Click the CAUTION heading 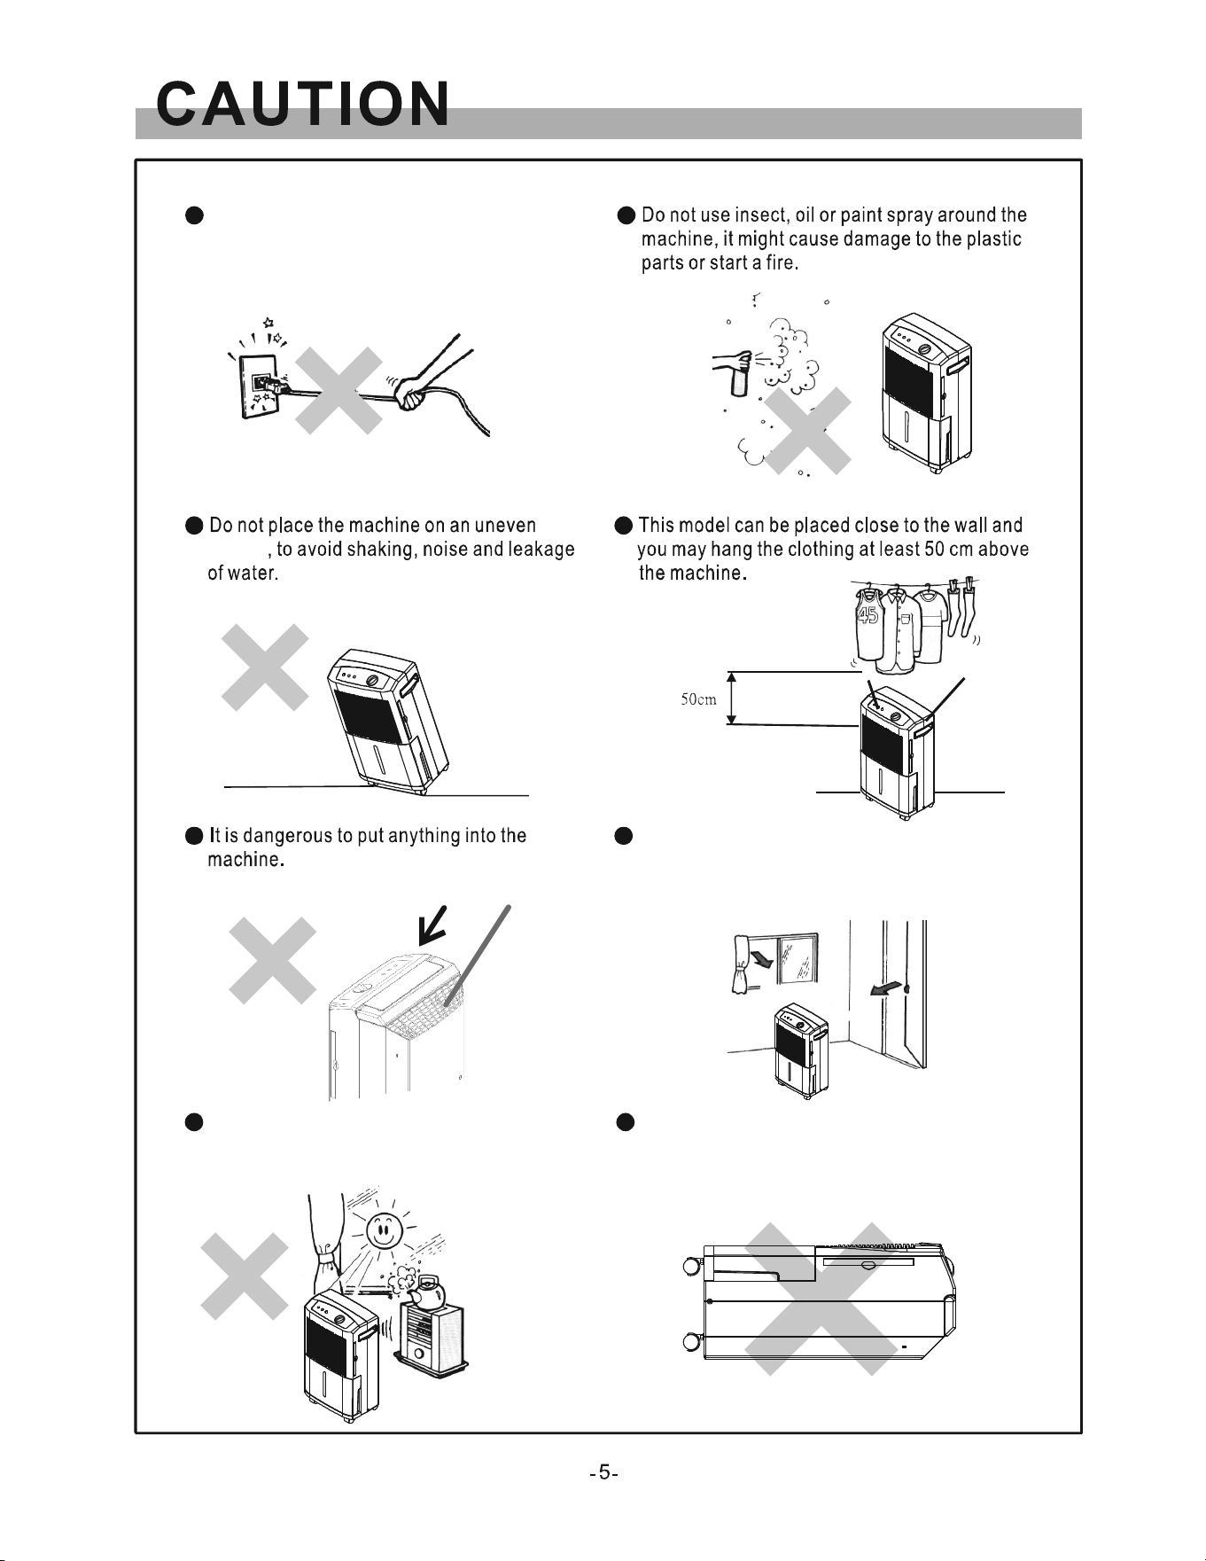pyautogui.click(x=302, y=105)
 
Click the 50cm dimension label pyautogui.click(x=699, y=699)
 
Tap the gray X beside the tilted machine pyautogui.click(x=266, y=667)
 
